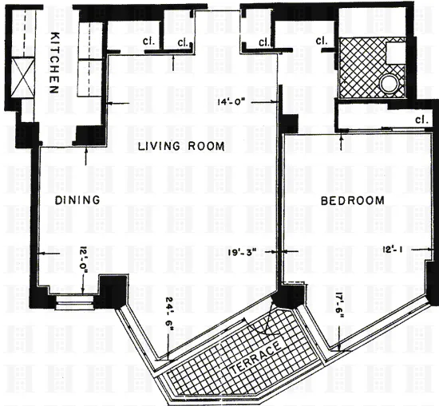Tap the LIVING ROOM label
click(x=180, y=146)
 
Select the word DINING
click(x=77, y=200)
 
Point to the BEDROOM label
click(x=352, y=201)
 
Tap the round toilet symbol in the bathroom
click(x=390, y=82)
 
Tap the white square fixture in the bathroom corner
click(x=395, y=53)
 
